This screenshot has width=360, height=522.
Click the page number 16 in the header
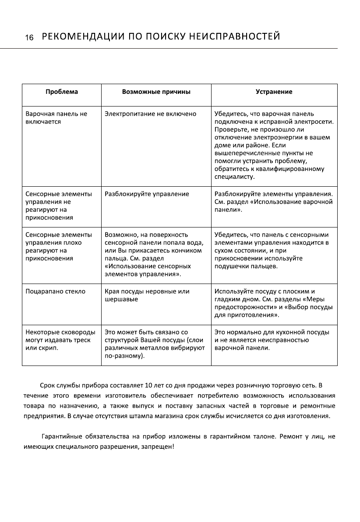tap(29, 38)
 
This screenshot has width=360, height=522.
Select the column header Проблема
tap(62, 92)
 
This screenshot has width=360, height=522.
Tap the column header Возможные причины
tap(156, 92)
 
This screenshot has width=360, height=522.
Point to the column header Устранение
tap(274, 92)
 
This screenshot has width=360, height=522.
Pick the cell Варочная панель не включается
tap(56, 118)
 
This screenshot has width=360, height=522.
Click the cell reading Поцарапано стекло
tap(56, 291)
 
